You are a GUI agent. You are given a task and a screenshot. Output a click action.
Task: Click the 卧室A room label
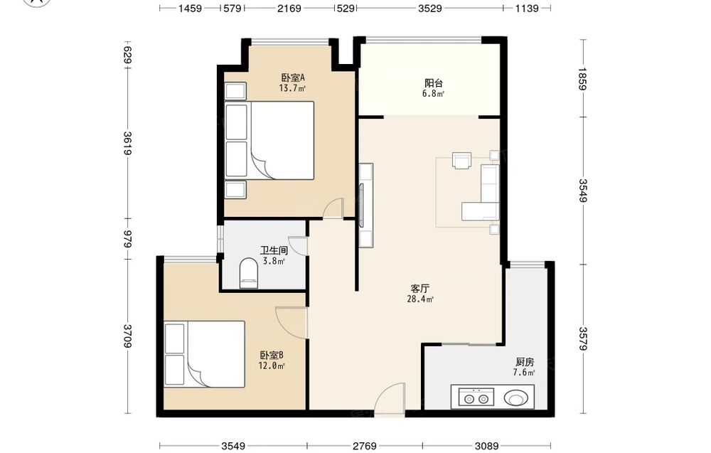pyautogui.click(x=292, y=78)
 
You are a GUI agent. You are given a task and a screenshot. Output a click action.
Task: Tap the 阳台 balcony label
pyautogui.click(x=434, y=83)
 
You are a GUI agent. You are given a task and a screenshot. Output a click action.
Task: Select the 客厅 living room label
pyautogui.click(x=420, y=289)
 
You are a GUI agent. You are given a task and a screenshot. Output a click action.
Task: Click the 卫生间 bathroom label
pyautogui.click(x=274, y=250)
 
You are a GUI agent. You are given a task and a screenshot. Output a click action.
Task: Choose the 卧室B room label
pyautogui.click(x=272, y=355)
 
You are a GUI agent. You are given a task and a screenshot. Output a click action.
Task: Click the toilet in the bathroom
pyautogui.click(x=248, y=273)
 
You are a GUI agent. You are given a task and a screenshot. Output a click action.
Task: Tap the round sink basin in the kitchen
pyautogui.click(x=516, y=399)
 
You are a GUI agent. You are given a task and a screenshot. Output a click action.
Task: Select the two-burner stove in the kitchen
pyautogui.click(x=476, y=398)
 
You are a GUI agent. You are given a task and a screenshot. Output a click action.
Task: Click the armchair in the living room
pyautogui.click(x=462, y=161)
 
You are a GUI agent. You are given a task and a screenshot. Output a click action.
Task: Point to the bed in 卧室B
pyautogui.click(x=205, y=354)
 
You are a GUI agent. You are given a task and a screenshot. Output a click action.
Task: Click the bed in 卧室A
pyautogui.click(x=269, y=140)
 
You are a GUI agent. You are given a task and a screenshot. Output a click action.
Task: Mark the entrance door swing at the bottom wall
pyautogui.click(x=390, y=398)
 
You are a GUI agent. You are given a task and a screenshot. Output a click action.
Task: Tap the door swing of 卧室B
pyautogui.click(x=292, y=322)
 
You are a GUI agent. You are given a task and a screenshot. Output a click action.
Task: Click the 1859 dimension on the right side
pyautogui.click(x=583, y=79)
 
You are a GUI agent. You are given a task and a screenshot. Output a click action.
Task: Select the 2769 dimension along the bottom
pyautogui.click(x=365, y=446)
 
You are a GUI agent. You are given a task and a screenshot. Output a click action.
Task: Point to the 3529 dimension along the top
pyautogui.click(x=430, y=8)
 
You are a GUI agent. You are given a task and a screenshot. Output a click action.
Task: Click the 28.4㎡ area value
pyautogui.click(x=420, y=299)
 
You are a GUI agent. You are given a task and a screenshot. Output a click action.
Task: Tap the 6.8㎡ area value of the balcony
pyautogui.click(x=433, y=93)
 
